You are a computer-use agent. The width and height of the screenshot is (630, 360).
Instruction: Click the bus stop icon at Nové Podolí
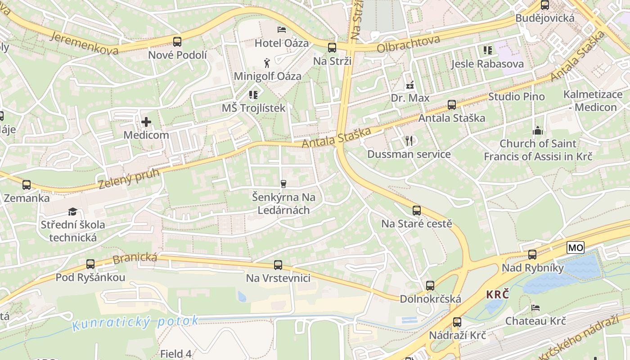tap(177, 42)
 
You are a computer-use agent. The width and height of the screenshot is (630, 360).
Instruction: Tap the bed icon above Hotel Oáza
tap(282, 30)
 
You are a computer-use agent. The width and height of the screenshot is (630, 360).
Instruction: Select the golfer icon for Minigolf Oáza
tap(267, 63)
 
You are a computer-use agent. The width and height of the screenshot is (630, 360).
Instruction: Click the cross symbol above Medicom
tap(146, 122)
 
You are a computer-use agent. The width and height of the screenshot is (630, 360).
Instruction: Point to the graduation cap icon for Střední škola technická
tap(72, 211)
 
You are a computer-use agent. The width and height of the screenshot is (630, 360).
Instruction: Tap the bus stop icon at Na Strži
tap(332, 48)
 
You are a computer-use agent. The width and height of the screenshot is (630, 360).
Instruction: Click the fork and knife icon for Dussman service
tap(409, 141)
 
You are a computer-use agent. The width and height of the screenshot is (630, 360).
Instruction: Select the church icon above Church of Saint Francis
tap(537, 130)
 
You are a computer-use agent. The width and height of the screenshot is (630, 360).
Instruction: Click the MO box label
tap(576, 247)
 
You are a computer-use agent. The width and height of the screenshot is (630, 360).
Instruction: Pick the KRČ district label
tap(498, 295)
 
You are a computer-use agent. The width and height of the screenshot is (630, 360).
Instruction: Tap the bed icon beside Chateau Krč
tap(535, 308)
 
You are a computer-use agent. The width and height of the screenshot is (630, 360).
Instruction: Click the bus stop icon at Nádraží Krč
tap(457, 322)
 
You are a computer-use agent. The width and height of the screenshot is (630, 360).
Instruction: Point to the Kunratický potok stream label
tap(135, 323)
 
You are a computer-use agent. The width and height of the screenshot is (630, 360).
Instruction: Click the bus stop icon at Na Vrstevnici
tap(278, 265)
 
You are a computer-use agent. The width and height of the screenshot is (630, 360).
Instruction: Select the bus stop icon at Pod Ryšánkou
tap(90, 264)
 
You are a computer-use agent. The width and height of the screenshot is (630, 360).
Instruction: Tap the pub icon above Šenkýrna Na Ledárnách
tap(283, 184)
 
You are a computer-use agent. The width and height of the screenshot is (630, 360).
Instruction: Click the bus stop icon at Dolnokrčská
tap(430, 286)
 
